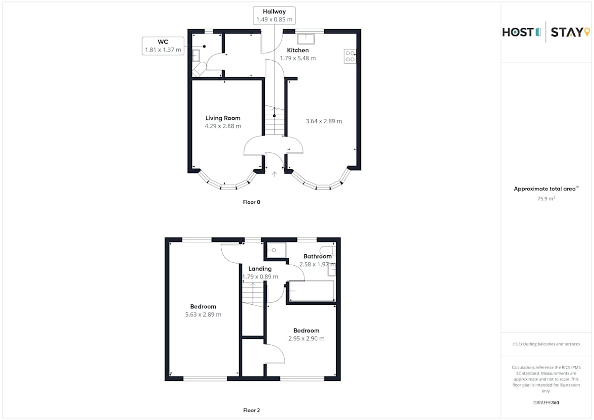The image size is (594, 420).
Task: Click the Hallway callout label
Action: point(274,12)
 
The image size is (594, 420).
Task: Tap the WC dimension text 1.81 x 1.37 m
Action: point(163,49)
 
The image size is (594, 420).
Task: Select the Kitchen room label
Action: point(298,50)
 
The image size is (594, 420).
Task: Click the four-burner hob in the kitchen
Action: point(350,56)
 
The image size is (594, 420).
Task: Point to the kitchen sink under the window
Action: point(306,39)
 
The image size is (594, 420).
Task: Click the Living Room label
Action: point(223,118)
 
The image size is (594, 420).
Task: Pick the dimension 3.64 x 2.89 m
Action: point(324,121)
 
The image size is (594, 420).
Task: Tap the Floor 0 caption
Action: point(251,202)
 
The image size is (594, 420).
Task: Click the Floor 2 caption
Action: point(251,410)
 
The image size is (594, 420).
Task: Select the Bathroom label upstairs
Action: point(317,256)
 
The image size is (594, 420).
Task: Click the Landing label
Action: point(260,269)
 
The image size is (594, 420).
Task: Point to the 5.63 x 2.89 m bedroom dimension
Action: point(203,314)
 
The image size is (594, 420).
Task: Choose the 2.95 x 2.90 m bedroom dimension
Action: point(306,338)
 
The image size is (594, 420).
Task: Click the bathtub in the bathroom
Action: point(311,291)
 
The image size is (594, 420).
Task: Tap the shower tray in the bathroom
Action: point(276,250)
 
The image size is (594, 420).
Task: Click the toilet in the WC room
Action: point(199,69)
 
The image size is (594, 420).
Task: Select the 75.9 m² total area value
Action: point(546,198)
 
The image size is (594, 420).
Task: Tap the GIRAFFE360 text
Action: point(546,403)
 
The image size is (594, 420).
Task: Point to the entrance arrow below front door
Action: point(274,174)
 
